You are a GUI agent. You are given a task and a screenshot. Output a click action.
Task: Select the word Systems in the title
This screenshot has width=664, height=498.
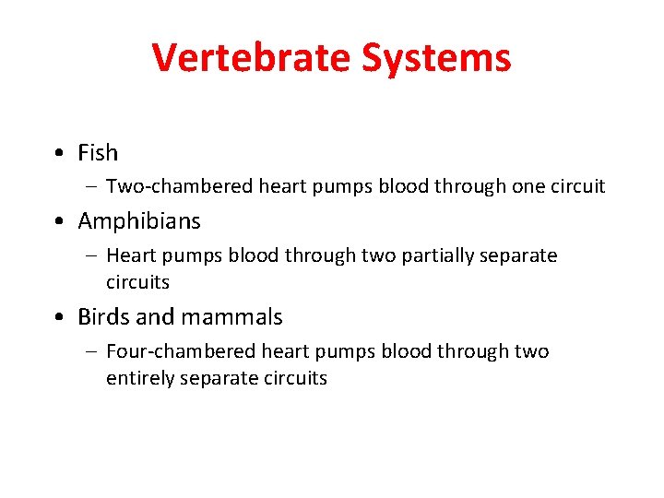point(436,58)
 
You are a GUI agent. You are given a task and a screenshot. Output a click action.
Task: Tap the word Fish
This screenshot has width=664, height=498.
point(98,152)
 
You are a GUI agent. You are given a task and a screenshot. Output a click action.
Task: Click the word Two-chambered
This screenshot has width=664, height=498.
point(180,186)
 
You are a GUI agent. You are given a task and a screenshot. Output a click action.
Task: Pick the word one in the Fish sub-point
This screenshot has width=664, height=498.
point(528,186)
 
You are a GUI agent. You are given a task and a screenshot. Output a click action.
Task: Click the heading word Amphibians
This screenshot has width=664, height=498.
point(139,221)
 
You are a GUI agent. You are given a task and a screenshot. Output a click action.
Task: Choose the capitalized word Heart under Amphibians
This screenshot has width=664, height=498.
point(129,255)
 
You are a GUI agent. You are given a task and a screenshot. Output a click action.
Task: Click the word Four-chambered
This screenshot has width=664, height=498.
point(181,351)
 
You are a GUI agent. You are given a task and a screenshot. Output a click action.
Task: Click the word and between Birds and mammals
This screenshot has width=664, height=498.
point(155,317)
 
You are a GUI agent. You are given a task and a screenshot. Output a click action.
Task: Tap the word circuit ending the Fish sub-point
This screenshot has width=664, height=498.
point(577,186)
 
